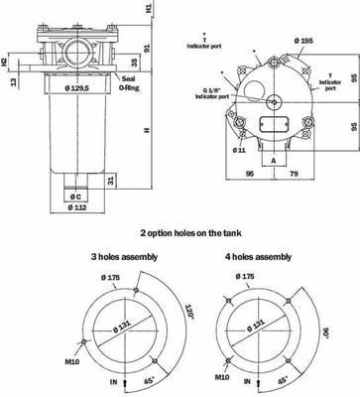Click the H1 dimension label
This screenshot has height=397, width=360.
pyautogui.click(x=150, y=9)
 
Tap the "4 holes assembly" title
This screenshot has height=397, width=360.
pyautogui.click(x=261, y=256)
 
